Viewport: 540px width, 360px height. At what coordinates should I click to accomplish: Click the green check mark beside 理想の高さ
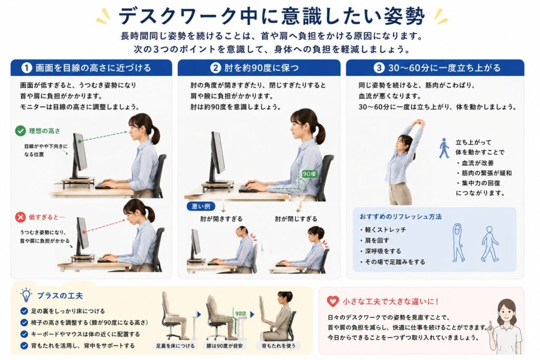coord(21,131)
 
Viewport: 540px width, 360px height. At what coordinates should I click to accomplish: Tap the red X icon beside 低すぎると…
coord(21,217)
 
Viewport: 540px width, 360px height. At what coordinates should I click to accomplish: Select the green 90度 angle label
coord(309,174)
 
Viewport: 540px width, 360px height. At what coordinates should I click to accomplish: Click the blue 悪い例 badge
coord(201,206)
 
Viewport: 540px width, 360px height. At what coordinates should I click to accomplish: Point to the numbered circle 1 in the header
coord(26,68)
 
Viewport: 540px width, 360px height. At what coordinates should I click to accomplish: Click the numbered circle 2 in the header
coord(215,68)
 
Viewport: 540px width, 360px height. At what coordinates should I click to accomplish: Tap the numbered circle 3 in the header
coord(379,68)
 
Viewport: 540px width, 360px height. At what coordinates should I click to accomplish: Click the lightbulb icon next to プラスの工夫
coord(26,296)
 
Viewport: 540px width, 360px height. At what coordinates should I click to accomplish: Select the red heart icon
coord(333,301)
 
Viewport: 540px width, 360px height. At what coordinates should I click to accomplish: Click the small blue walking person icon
coord(443,148)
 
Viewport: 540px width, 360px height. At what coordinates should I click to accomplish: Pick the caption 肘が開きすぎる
coord(221,219)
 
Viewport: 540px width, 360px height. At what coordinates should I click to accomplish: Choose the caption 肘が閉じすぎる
coord(296,219)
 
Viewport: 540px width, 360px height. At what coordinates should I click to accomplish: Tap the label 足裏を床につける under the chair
coord(175,346)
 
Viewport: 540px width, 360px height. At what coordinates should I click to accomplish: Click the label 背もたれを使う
coord(278,346)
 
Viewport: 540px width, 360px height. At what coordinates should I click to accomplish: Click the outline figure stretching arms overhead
coord(458,242)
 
